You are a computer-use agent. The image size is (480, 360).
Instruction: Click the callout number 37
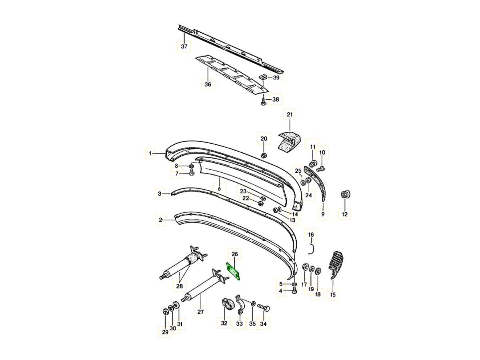[184, 47]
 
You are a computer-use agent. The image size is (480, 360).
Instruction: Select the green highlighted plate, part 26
[233, 271]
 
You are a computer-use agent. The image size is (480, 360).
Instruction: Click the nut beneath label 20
[264, 155]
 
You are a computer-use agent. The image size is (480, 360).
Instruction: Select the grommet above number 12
[345, 195]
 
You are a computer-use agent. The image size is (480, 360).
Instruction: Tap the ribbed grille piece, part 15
[337, 264]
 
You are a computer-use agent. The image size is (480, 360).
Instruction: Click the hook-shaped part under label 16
[312, 249]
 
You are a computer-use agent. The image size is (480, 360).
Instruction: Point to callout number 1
[150, 153]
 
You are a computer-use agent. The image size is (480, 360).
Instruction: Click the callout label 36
[208, 84]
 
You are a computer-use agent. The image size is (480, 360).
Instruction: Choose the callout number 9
[323, 214]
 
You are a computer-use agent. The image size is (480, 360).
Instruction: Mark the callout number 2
[160, 220]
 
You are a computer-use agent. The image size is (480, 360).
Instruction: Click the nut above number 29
[165, 312]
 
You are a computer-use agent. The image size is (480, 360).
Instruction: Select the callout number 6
[219, 188]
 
